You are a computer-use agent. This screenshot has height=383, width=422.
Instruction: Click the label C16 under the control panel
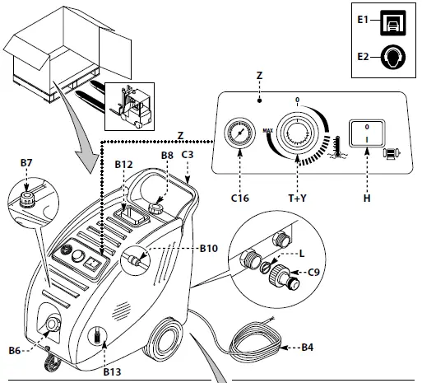[239, 198]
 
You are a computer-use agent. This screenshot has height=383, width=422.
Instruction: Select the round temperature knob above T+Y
[294, 133]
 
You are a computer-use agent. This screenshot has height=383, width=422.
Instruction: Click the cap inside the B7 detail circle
[27, 198]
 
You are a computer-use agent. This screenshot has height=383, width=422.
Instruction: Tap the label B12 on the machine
[123, 164]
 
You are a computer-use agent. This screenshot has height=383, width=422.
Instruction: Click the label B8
[167, 154]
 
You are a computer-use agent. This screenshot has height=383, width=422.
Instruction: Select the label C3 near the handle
[187, 154]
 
